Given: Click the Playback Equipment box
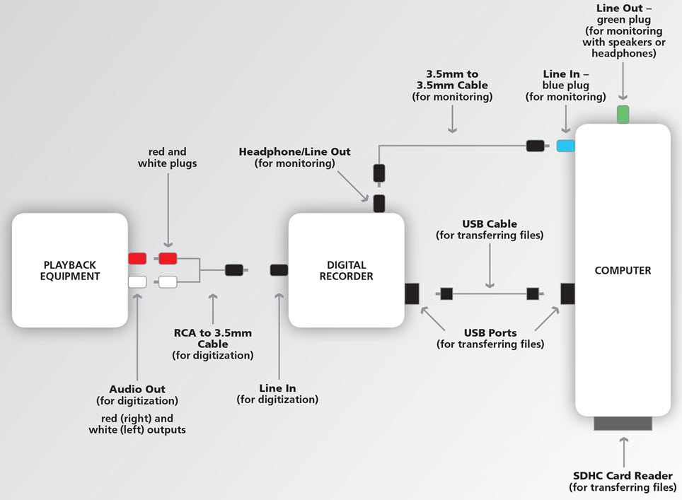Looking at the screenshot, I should coord(69,270).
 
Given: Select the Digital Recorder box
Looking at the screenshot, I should coord(346,270).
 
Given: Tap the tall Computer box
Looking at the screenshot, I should coord(623,270).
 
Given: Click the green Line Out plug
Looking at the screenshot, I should coord(623,114).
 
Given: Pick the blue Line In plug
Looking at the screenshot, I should coord(565,146).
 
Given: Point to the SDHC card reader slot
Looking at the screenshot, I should coord(623,423).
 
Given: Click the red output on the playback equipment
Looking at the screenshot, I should coord(137,258).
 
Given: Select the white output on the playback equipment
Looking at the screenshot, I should coord(137,281).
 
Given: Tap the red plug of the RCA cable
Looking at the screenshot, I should coord(168,258).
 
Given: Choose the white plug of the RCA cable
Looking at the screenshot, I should coord(168,281).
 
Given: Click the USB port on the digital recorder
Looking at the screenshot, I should coord(412,293).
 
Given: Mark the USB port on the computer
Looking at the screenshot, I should coord(567,293).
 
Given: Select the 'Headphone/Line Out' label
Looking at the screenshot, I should coord(294,151).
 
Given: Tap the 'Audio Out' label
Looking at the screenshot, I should coord(137,389).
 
